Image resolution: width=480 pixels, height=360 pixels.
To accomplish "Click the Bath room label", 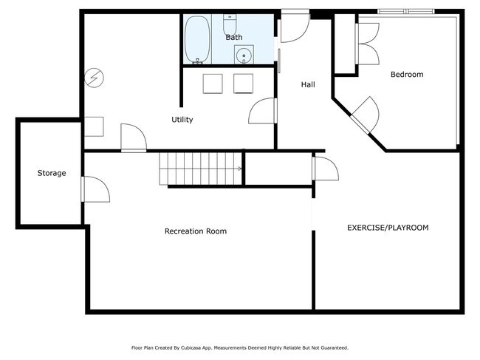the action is point(234,38).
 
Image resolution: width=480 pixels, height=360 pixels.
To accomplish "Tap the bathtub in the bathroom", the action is point(197,39).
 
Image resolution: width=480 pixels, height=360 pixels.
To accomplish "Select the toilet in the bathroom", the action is point(230,25).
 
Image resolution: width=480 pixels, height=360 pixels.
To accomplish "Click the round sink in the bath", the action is point(244,55).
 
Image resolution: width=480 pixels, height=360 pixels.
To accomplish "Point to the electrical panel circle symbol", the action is point(95,78).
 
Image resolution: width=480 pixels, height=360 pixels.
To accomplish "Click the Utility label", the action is point(182,120).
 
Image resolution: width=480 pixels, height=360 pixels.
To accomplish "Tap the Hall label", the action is point(308,84).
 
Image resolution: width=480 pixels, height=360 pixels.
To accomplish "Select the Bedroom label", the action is point(407,75).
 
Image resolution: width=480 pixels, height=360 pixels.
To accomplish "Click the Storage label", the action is point(52,173).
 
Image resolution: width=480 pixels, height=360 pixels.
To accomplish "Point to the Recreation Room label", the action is point(196,231).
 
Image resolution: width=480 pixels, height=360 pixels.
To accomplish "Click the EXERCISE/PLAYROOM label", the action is point(388,228).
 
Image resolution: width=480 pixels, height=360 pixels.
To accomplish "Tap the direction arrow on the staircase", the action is point(239,169).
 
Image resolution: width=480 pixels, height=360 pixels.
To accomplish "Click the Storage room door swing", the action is point(95,189).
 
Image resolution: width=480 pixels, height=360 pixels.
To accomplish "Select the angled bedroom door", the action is point(366,115).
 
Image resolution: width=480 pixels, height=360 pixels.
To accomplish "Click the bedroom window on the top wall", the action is point(406,12).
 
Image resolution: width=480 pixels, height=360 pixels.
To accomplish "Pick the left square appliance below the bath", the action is point(213,84).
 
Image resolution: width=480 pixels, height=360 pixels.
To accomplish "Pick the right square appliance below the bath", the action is point(244,84).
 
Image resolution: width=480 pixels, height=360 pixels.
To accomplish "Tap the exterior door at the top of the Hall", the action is point(295,27).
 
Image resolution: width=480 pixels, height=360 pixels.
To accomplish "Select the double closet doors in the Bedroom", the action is point(368,44).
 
